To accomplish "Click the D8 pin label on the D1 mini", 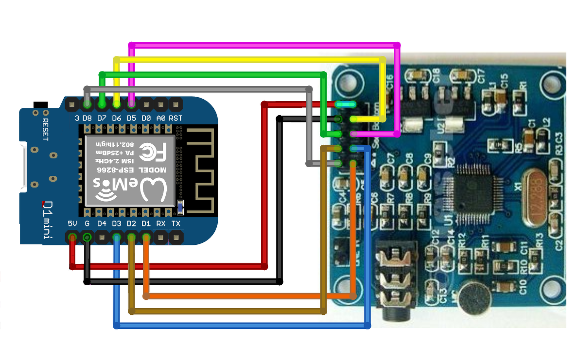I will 88,118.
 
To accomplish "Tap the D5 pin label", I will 131,118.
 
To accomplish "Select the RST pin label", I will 176,118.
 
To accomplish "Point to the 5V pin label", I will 72,223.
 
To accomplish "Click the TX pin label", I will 176,223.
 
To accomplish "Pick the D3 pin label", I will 117,223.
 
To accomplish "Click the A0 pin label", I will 161,118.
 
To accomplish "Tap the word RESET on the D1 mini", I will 46,129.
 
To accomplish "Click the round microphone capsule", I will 475,298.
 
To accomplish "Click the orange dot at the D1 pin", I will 146,237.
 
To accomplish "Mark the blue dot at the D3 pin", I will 117,237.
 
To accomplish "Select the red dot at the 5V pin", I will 72,237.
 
